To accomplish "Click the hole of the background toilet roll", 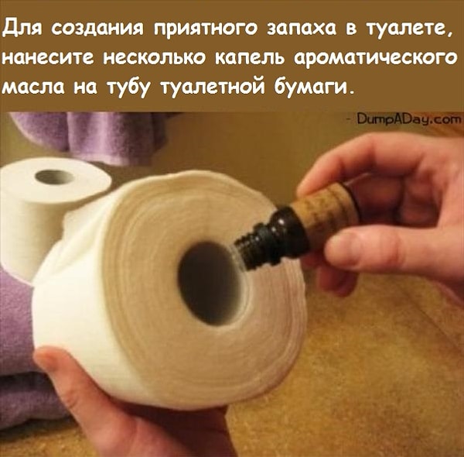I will (54, 176).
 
